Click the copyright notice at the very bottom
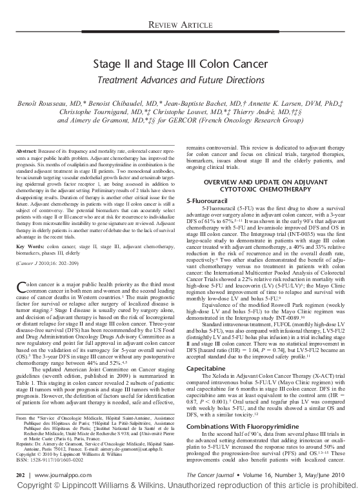coord(179,488)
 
